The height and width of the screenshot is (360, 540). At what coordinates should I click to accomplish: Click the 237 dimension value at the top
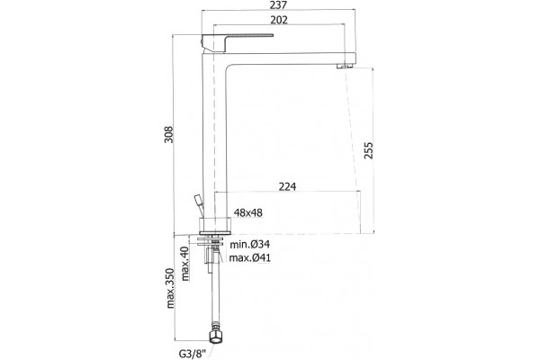279,4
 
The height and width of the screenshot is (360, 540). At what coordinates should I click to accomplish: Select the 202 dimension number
279,20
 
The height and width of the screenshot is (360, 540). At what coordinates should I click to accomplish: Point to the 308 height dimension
168,135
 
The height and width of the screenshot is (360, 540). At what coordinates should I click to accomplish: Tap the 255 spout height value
368,150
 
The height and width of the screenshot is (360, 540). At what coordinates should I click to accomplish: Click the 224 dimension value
287,186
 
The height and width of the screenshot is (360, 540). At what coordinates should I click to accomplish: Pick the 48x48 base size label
248,213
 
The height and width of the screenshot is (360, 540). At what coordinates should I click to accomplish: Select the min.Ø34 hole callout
250,245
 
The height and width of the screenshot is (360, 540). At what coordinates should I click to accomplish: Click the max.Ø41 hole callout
250,257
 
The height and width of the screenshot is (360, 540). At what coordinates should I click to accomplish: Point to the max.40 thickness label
184,264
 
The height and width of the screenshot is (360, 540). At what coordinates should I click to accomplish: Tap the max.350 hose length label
170,288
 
